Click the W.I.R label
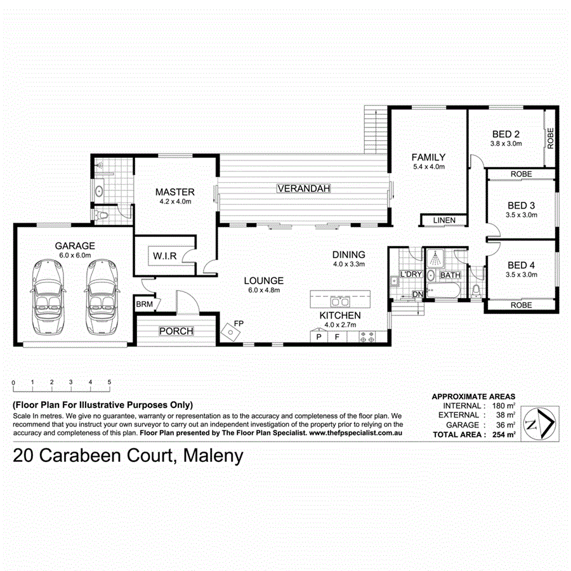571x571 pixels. [164, 256]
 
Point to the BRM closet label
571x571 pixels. [144, 305]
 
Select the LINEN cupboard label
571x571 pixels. [444, 220]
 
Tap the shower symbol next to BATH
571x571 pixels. [435, 258]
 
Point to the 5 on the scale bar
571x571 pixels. [110, 383]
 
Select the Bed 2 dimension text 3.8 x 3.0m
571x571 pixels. [506, 144]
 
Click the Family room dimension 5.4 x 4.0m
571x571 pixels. [428, 167]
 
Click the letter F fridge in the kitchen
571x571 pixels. [338, 337]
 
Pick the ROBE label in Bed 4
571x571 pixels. [522, 305]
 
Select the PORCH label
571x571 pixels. [176, 331]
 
